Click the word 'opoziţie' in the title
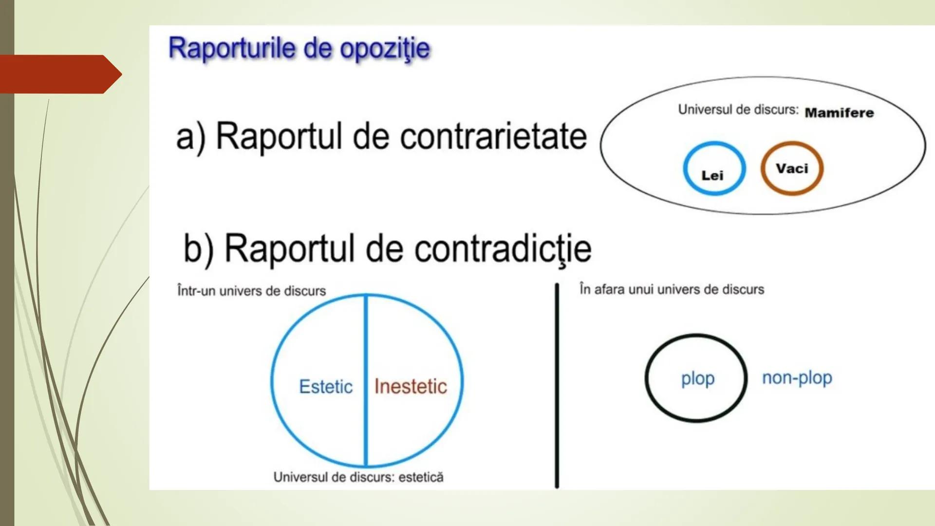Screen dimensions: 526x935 pos(385,49)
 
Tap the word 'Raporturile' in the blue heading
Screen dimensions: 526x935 pos(232,48)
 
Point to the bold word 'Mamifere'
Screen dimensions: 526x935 pos(839,113)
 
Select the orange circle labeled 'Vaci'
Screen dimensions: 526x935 pos(792,169)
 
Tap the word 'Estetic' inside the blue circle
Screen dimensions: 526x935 pos(325,387)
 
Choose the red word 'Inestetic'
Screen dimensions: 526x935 pos(410,387)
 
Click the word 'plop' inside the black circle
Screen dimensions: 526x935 pos(697,378)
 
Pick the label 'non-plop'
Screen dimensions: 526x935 pos(797,377)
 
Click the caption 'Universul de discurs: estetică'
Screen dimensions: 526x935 pos(358,477)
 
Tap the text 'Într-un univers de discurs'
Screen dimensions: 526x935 pos(251,291)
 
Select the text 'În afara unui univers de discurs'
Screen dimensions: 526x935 pos(672,289)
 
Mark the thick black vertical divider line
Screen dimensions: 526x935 pos(557,385)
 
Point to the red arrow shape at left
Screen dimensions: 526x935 pos(58,74)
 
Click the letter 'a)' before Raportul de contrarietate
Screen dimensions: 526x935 pos(190,137)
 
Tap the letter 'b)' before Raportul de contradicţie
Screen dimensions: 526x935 pos(198,249)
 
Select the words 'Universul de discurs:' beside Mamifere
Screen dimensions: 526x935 pos(738,110)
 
